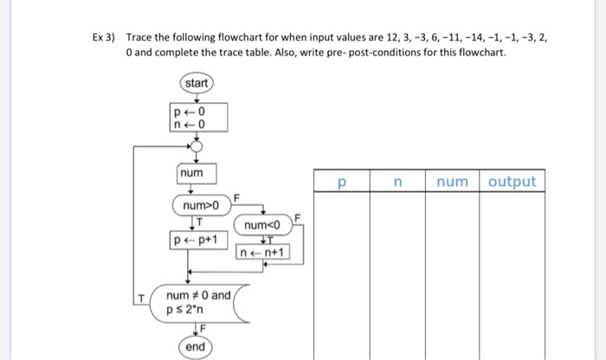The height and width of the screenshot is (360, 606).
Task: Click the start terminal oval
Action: (x=196, y=83)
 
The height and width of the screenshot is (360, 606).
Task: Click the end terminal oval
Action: (x=196, y=346)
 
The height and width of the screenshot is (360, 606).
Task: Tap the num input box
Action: (x=192, y=174)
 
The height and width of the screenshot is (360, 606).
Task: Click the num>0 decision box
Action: (x=200, y=206)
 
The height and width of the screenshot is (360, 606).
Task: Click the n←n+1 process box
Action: (x=263, y=253)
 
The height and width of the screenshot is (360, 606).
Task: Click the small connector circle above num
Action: (x=196, y=147)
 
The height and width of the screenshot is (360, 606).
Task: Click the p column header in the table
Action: (x=342, y=182)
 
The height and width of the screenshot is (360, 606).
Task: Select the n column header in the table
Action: (x=397, y=182)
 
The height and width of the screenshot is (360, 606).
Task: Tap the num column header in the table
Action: (x=452, y=182)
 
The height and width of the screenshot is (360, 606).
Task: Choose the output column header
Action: (x=513, y=182)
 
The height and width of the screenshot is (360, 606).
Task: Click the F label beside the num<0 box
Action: (x=297, y=215)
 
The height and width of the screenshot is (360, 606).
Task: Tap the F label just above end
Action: (x=199, y=329)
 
